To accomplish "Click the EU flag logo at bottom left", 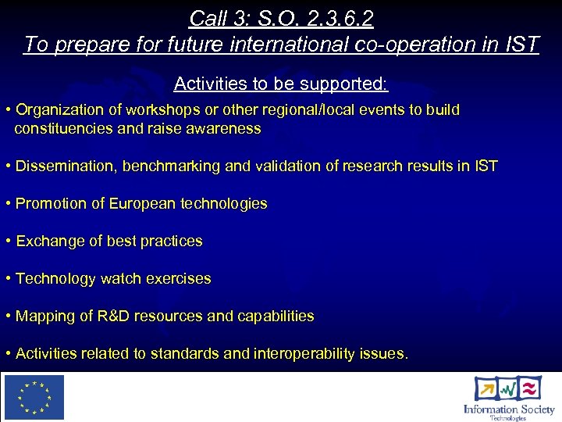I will (34, 397).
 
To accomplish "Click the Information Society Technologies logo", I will (508, 397).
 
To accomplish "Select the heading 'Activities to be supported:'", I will (281, 83).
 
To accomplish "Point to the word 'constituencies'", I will (64, 129).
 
